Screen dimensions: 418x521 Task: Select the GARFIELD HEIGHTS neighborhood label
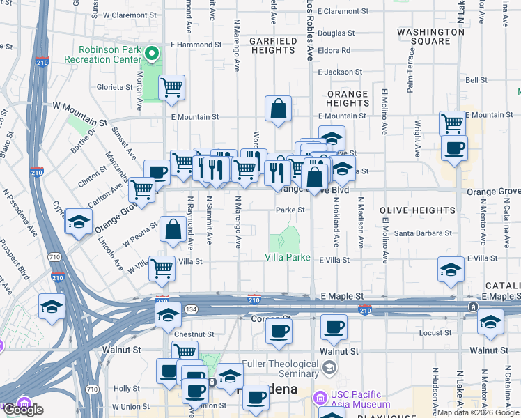click(x=272, y=45)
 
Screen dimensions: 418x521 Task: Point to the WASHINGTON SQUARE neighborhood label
click(x=430, y=36)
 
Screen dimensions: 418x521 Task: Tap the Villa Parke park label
click(x=287, y=257)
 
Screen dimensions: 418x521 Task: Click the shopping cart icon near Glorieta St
click(x=171, y=88)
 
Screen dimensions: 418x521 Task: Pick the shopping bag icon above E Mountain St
click(x=278, y=109)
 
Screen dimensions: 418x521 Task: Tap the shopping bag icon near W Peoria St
click(x=173, y=230)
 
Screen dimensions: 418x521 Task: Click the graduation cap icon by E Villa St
click(x=451, y=270)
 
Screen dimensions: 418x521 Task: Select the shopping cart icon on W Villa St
click(x=162, y=268)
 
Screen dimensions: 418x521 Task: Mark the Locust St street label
click(x=436, y=334)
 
